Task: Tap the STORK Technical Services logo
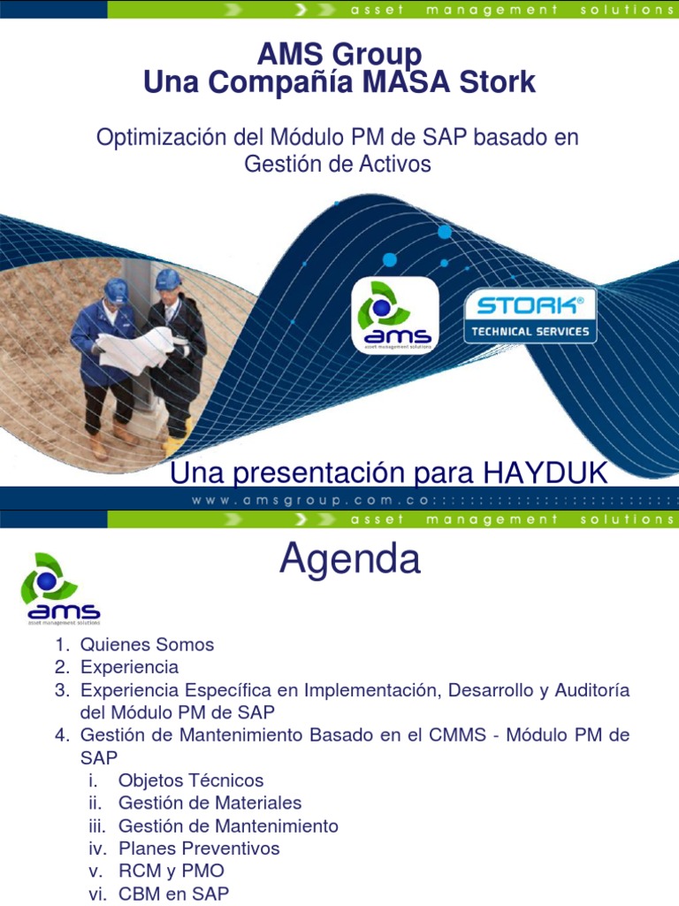tap(530, 316)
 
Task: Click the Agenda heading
tap(350, 559)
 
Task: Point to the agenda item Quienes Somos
tap(147, 644)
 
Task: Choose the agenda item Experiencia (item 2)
tap(129, 666)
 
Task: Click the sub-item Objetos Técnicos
tap(191, 780)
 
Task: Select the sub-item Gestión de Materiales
tap(210, 802)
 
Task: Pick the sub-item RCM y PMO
tap(171, 871)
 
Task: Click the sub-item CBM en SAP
tap(173, 894)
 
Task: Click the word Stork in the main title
tap(497, 82)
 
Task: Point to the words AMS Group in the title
tap(339, 55)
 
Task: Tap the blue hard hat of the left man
tap(116, 290)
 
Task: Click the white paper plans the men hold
tap(134, 348)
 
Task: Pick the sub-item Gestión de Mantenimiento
tap(228, 825)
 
